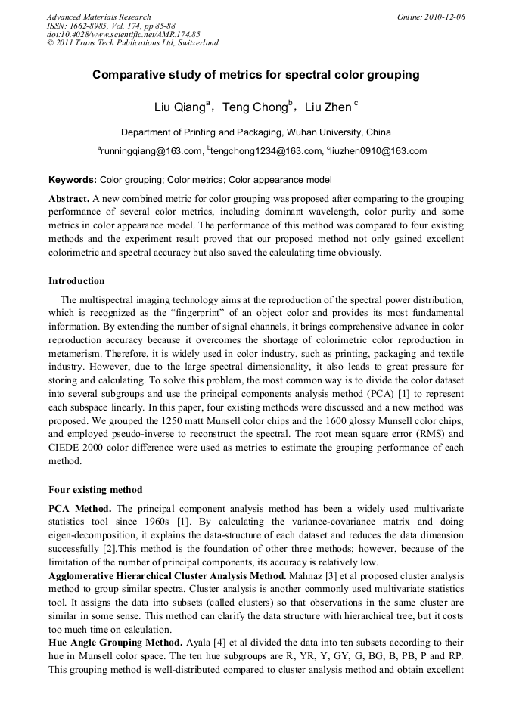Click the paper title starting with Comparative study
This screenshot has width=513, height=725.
[x=256, y=75]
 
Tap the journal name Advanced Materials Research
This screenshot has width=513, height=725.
[x=99, y=17]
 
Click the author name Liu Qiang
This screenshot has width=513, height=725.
[x=179, y=107]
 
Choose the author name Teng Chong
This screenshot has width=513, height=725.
[x=256, y=107]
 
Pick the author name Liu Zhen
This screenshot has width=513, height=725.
[x=328, y=107]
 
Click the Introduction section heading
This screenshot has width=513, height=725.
[x=76, y=281]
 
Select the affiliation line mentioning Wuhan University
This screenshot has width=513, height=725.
[x=256, y=132]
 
